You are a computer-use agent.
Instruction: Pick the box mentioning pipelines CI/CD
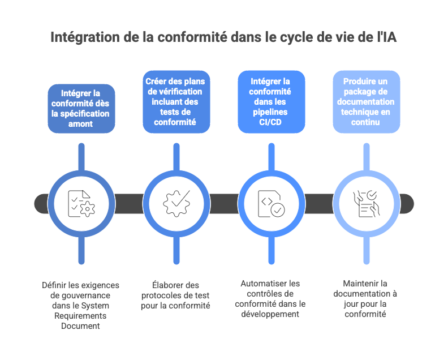[271, 102]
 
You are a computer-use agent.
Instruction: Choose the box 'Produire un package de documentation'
[366, 102]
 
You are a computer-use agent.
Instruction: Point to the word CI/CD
[271, 122]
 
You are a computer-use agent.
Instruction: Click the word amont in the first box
[81, 123]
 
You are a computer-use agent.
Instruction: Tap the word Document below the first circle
[81, 325]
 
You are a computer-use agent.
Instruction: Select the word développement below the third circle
[271, 314]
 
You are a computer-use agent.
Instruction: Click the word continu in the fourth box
[365, 122]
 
